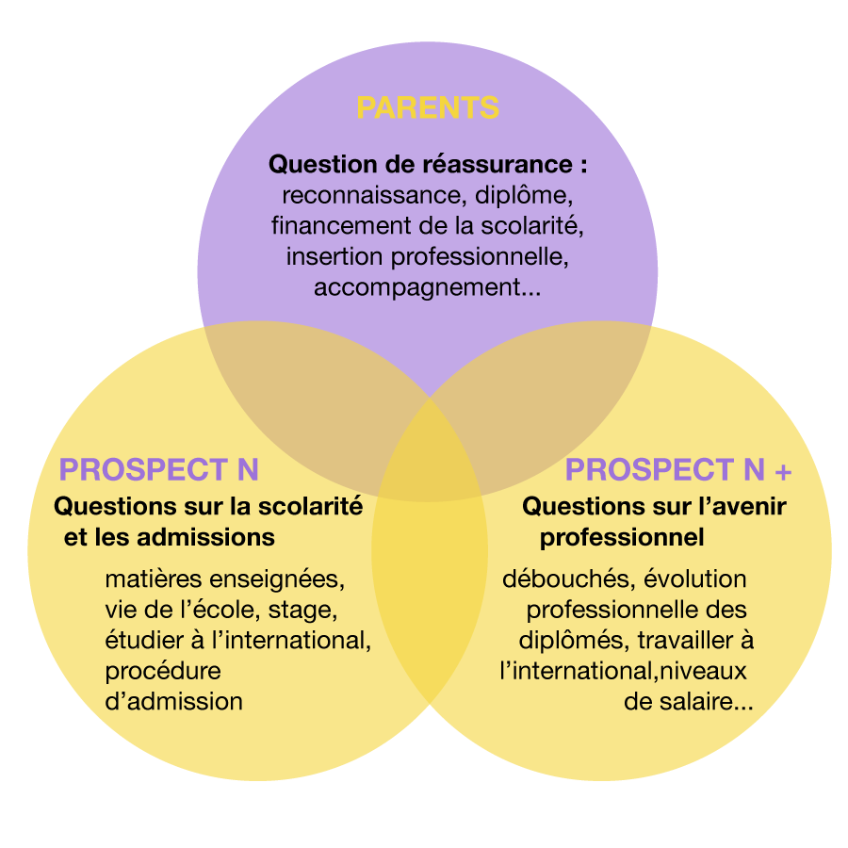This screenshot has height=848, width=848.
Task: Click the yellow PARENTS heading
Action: click(428, 107)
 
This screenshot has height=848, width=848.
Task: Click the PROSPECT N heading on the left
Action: click(158, 469)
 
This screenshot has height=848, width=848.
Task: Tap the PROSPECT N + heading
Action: click(678, 469)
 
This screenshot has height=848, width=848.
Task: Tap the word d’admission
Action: click(173, 702)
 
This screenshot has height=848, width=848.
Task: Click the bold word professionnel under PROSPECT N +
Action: click(622, 537)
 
